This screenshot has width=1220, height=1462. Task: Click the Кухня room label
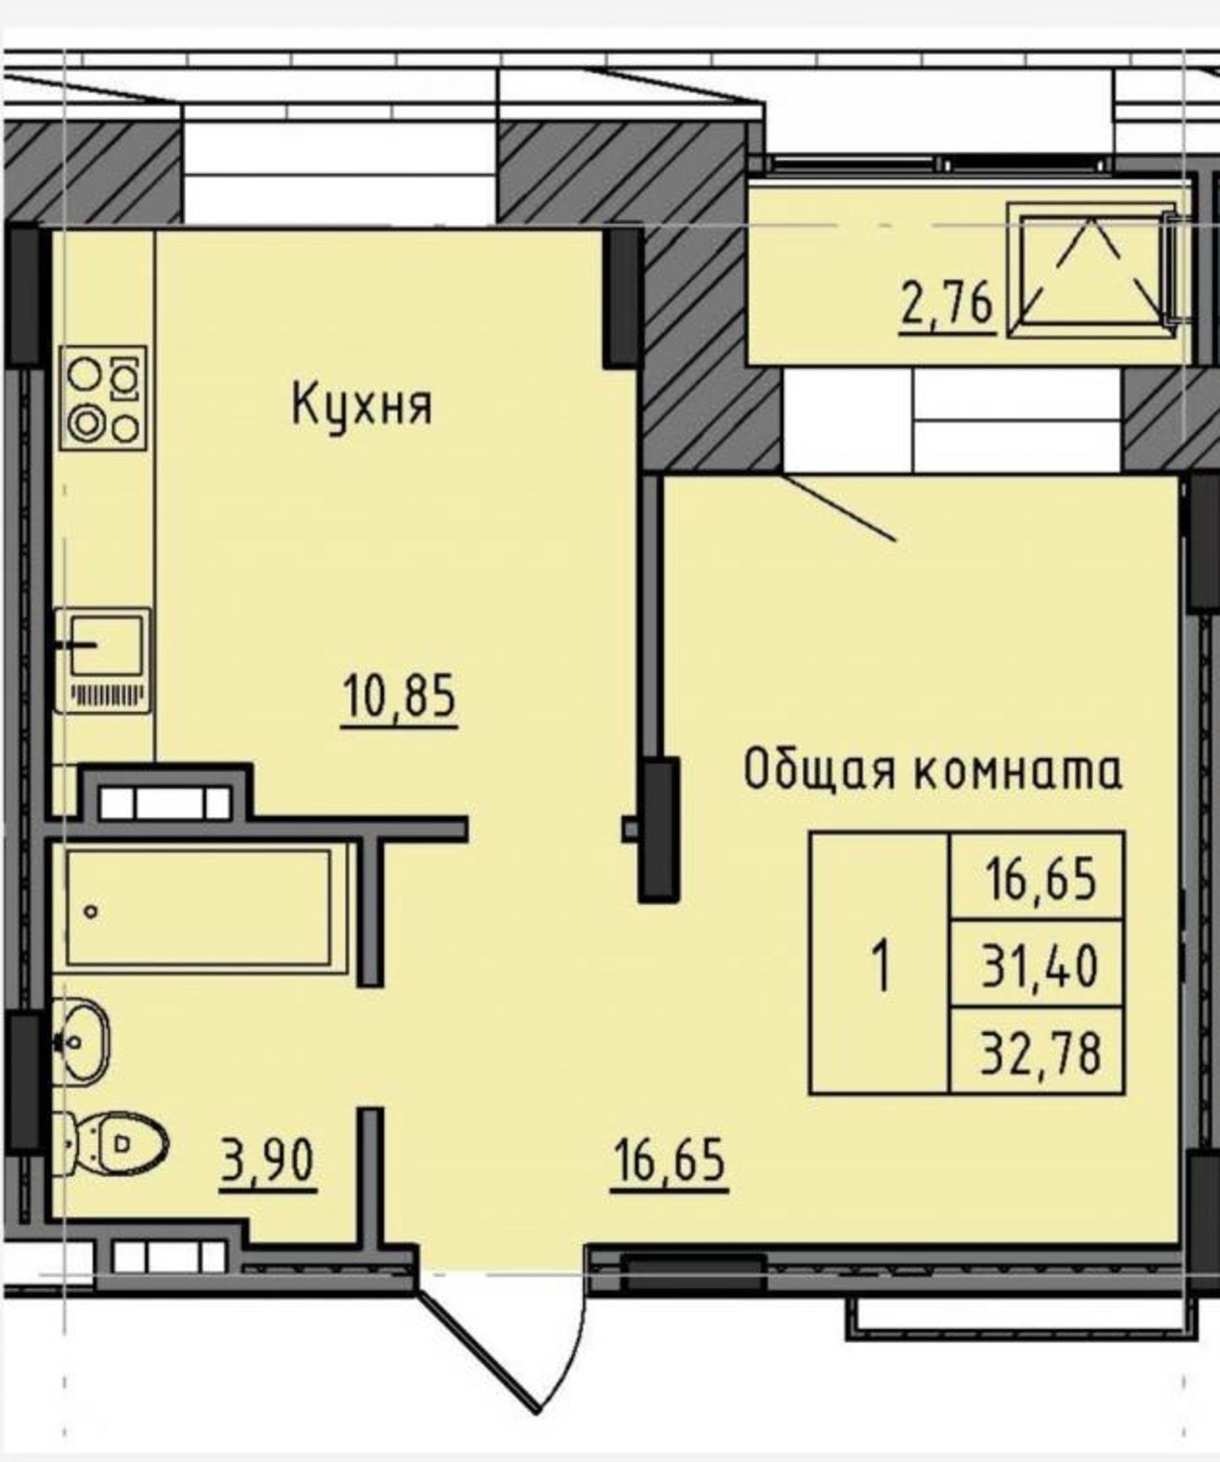[362, 406]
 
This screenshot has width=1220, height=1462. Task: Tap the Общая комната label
[933, 770]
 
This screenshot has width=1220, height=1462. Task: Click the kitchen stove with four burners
[104, 398]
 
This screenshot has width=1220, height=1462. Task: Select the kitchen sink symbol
[103, 660]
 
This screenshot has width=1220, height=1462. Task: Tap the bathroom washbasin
[80, 1041]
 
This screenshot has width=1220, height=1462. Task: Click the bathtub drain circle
[91, 911]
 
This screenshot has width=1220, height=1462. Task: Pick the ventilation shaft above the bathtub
[165, 803]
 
